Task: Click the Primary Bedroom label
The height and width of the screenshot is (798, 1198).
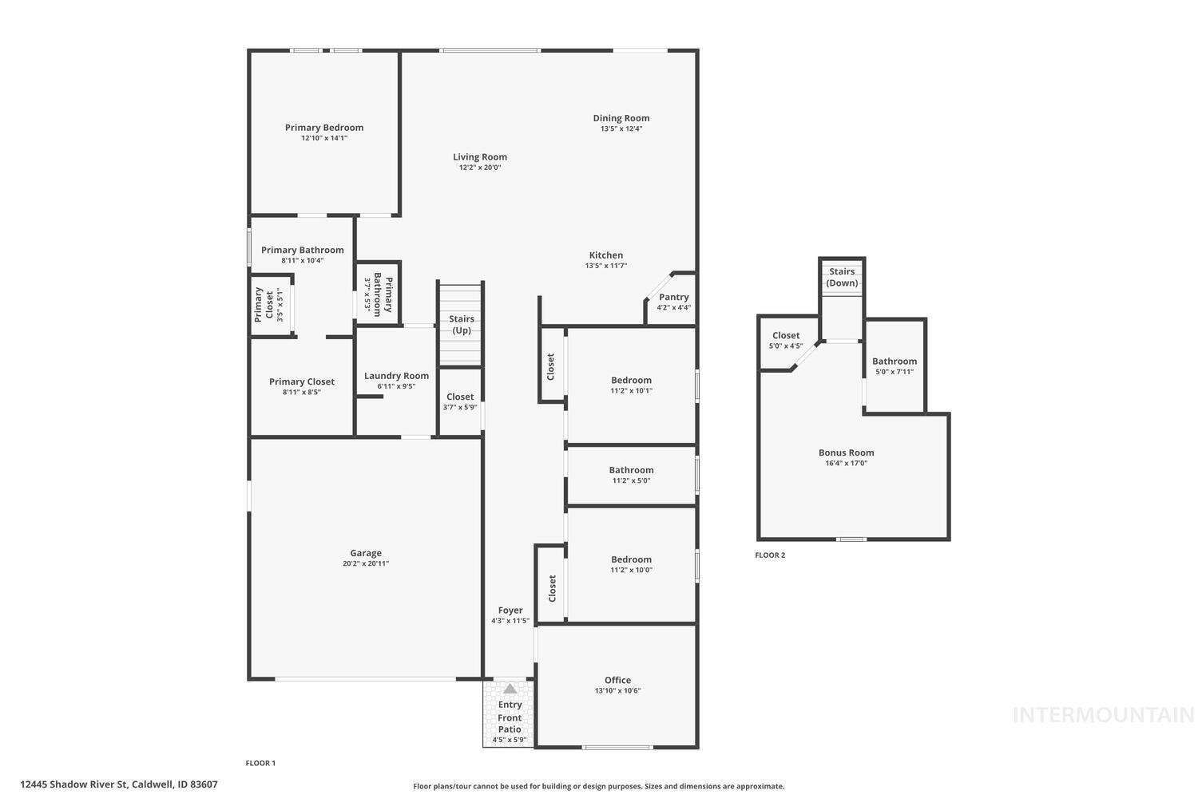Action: tap(324, 128)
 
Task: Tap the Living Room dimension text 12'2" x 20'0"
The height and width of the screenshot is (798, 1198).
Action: tap(480, 168)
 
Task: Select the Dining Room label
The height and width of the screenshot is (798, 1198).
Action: tap(621, 118)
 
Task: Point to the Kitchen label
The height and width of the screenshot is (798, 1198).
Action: tap(606, 255)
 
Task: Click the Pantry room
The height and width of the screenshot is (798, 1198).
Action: tap(673, 301)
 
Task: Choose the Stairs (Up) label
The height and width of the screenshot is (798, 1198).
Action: tap(462, 324)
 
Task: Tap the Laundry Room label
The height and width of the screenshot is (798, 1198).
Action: tap(396, 376)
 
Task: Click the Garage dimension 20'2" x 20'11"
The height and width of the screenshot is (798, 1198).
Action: tap(366, 563)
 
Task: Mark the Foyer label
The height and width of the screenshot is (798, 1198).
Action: tap(510, 610)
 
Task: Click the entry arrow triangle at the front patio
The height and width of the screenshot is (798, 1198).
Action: tap(510, 688)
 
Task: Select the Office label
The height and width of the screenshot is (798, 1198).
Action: tap(617, 681)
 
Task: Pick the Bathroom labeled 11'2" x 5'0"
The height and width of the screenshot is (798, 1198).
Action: tap(631, 475)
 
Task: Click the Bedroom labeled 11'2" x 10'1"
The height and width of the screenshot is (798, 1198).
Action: tap(631, 385)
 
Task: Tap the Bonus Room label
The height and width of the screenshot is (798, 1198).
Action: tap(846, 452)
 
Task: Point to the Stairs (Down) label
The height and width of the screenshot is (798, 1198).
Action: tap(842, 277)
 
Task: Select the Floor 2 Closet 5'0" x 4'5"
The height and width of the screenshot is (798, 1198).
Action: tap(786, 340)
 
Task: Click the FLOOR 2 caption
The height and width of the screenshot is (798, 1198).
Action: tap(770, 555)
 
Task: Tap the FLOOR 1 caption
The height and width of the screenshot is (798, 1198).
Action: tap(260, 763)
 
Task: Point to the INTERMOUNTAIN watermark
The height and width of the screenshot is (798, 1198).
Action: tap(1103, 715)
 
